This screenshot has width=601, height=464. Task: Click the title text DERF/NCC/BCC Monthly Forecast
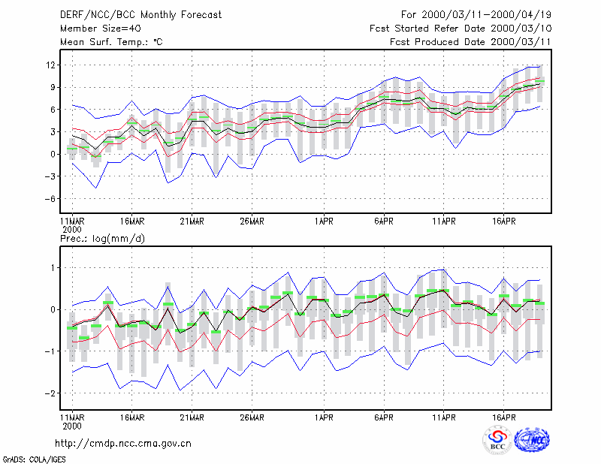click(140, 15)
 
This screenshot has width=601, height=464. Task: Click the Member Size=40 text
click(101, 29)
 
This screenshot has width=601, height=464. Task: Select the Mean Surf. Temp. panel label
click(111, 42)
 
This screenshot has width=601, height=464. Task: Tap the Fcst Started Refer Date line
click(461, 29)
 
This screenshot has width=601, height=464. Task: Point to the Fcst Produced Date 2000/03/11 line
click(470, 42)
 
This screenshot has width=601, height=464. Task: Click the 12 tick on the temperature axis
click(50, 65)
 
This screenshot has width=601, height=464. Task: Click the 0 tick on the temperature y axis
click(53, 155)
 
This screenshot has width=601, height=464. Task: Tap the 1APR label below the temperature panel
click(324, 221)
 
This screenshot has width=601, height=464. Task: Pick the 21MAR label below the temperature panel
click(192, 221)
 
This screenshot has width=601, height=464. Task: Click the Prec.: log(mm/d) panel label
click(102, 239)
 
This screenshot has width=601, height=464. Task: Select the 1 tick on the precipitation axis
click(53, 268)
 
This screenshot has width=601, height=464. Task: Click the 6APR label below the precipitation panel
click(384, 417)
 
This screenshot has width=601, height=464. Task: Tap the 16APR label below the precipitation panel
click(503, 417)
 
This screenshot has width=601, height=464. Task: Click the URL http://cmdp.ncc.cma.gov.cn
click(123, 444)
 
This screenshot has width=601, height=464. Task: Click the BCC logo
click(497, 440)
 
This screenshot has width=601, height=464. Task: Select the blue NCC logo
click(532, 440)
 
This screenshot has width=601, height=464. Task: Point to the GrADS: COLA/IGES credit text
click(34, 459)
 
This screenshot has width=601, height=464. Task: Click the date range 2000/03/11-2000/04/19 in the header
click(486, 15)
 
